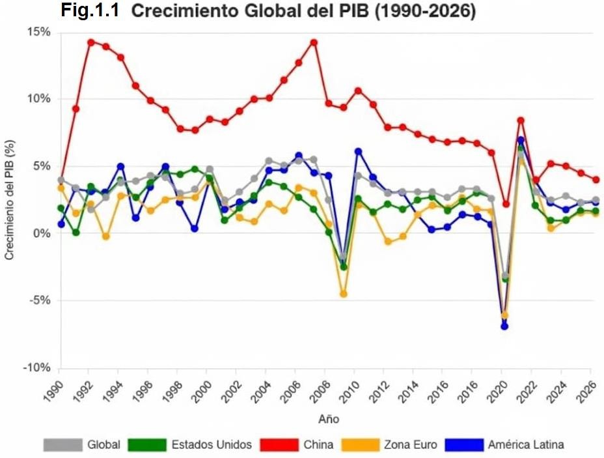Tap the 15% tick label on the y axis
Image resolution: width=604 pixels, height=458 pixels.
(38, 31)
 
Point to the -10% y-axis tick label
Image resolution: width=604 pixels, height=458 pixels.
(36, 368)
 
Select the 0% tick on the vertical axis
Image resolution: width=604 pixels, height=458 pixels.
(42, 233)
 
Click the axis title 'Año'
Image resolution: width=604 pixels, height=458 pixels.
(328, 419)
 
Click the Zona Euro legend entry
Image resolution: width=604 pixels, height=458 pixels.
(407, 445)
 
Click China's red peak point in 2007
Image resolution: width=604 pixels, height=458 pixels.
(314, 42)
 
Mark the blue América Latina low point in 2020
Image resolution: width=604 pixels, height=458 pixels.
(504, 326)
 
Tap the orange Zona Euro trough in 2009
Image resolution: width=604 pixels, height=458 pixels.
(343, 294)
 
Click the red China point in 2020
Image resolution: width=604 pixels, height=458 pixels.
(505, 204)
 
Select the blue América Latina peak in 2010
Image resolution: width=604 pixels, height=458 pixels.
(358, 151)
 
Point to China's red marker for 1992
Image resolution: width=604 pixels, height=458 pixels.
(90, 42)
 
